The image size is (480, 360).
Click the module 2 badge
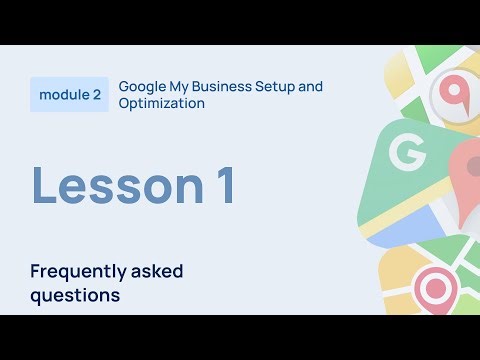pyautogui.click(x=69, y=95)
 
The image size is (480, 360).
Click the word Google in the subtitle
pyautogui.click(x=142, y=86)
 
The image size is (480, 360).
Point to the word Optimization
pyautogui.click(x=162, y=103)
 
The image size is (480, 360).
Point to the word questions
pyautogui.click(x=75, y=295)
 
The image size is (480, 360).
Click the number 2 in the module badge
pyautogui.click(x=96, y=95)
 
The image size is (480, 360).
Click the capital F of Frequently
pyautogui.click(x=35, y=271)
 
